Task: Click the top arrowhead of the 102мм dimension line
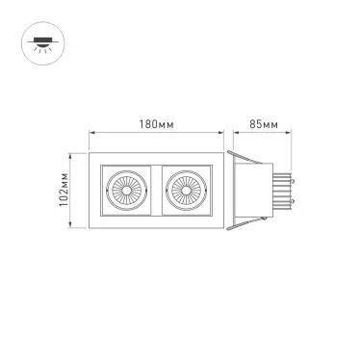72,154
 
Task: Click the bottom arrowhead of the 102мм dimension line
72,227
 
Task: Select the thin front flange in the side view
230,190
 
